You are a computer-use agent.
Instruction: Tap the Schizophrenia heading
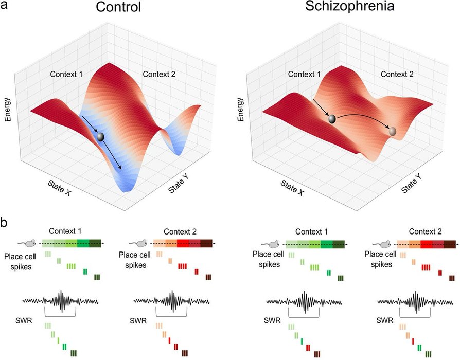pyautogui.click(x=347, y=8)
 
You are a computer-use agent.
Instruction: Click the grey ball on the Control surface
pyautogui.click(x=101, y=137)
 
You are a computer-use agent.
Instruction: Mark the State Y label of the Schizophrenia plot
pyautogui.click(x=412, y=183)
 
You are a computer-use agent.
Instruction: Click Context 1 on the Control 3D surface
pyautogui.click(x=66, y=74)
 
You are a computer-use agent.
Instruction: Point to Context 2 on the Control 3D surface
pyautogui.click(x=160, y=74)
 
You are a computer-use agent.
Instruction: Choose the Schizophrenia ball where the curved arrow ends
pyautogui.click(x=393, y=132)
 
